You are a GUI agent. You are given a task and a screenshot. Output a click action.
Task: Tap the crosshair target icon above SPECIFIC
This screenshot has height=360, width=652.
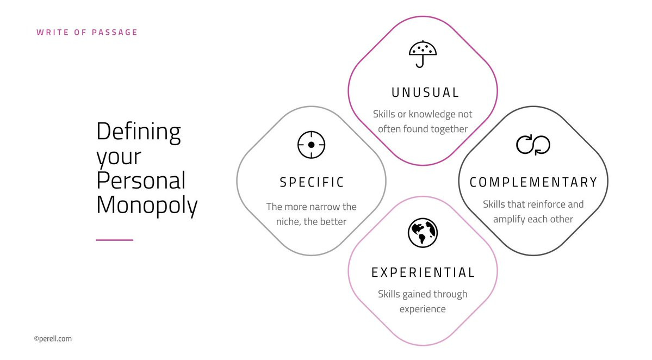click(x=311, y=145)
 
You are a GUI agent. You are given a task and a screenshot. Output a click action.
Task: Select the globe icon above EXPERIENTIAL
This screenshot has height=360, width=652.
click(x=423, y=232)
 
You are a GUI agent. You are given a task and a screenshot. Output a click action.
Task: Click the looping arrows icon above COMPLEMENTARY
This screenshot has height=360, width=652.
click(x=533, y=145)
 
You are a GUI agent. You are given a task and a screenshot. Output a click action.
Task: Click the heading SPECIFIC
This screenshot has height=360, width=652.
click(x=312, y=182)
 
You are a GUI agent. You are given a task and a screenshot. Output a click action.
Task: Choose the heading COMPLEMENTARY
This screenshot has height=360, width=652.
click(x=533, y=182)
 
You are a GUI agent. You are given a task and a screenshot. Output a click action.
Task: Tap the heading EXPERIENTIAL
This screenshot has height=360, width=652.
click(x=423, y=272)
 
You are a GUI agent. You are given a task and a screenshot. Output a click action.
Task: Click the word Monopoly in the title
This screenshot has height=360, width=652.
click(x=147, y=206)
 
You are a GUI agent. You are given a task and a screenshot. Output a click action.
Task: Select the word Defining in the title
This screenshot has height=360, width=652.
click(x=139, y=131)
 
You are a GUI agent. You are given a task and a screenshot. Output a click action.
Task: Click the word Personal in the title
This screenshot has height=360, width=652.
click(x=141, y=181)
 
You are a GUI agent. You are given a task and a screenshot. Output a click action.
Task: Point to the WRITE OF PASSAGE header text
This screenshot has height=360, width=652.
click(x=87, y=32)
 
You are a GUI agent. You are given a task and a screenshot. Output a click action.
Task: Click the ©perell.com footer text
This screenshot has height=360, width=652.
click(x=53, y=339)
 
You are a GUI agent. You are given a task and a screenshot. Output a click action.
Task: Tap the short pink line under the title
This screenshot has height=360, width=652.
click(x=114, y=240)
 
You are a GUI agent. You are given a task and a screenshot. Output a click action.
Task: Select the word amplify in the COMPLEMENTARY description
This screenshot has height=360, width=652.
click(x=511, y=219)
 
